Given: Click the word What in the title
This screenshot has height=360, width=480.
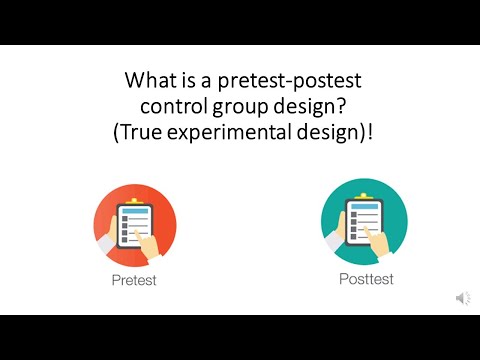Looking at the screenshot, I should [x=148, y=79].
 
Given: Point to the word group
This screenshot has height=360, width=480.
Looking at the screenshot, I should [x=245, y=106].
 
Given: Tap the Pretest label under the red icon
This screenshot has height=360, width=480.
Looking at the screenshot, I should [x=135, y=281].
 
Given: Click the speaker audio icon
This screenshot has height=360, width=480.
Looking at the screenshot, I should [x=463, y=298].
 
